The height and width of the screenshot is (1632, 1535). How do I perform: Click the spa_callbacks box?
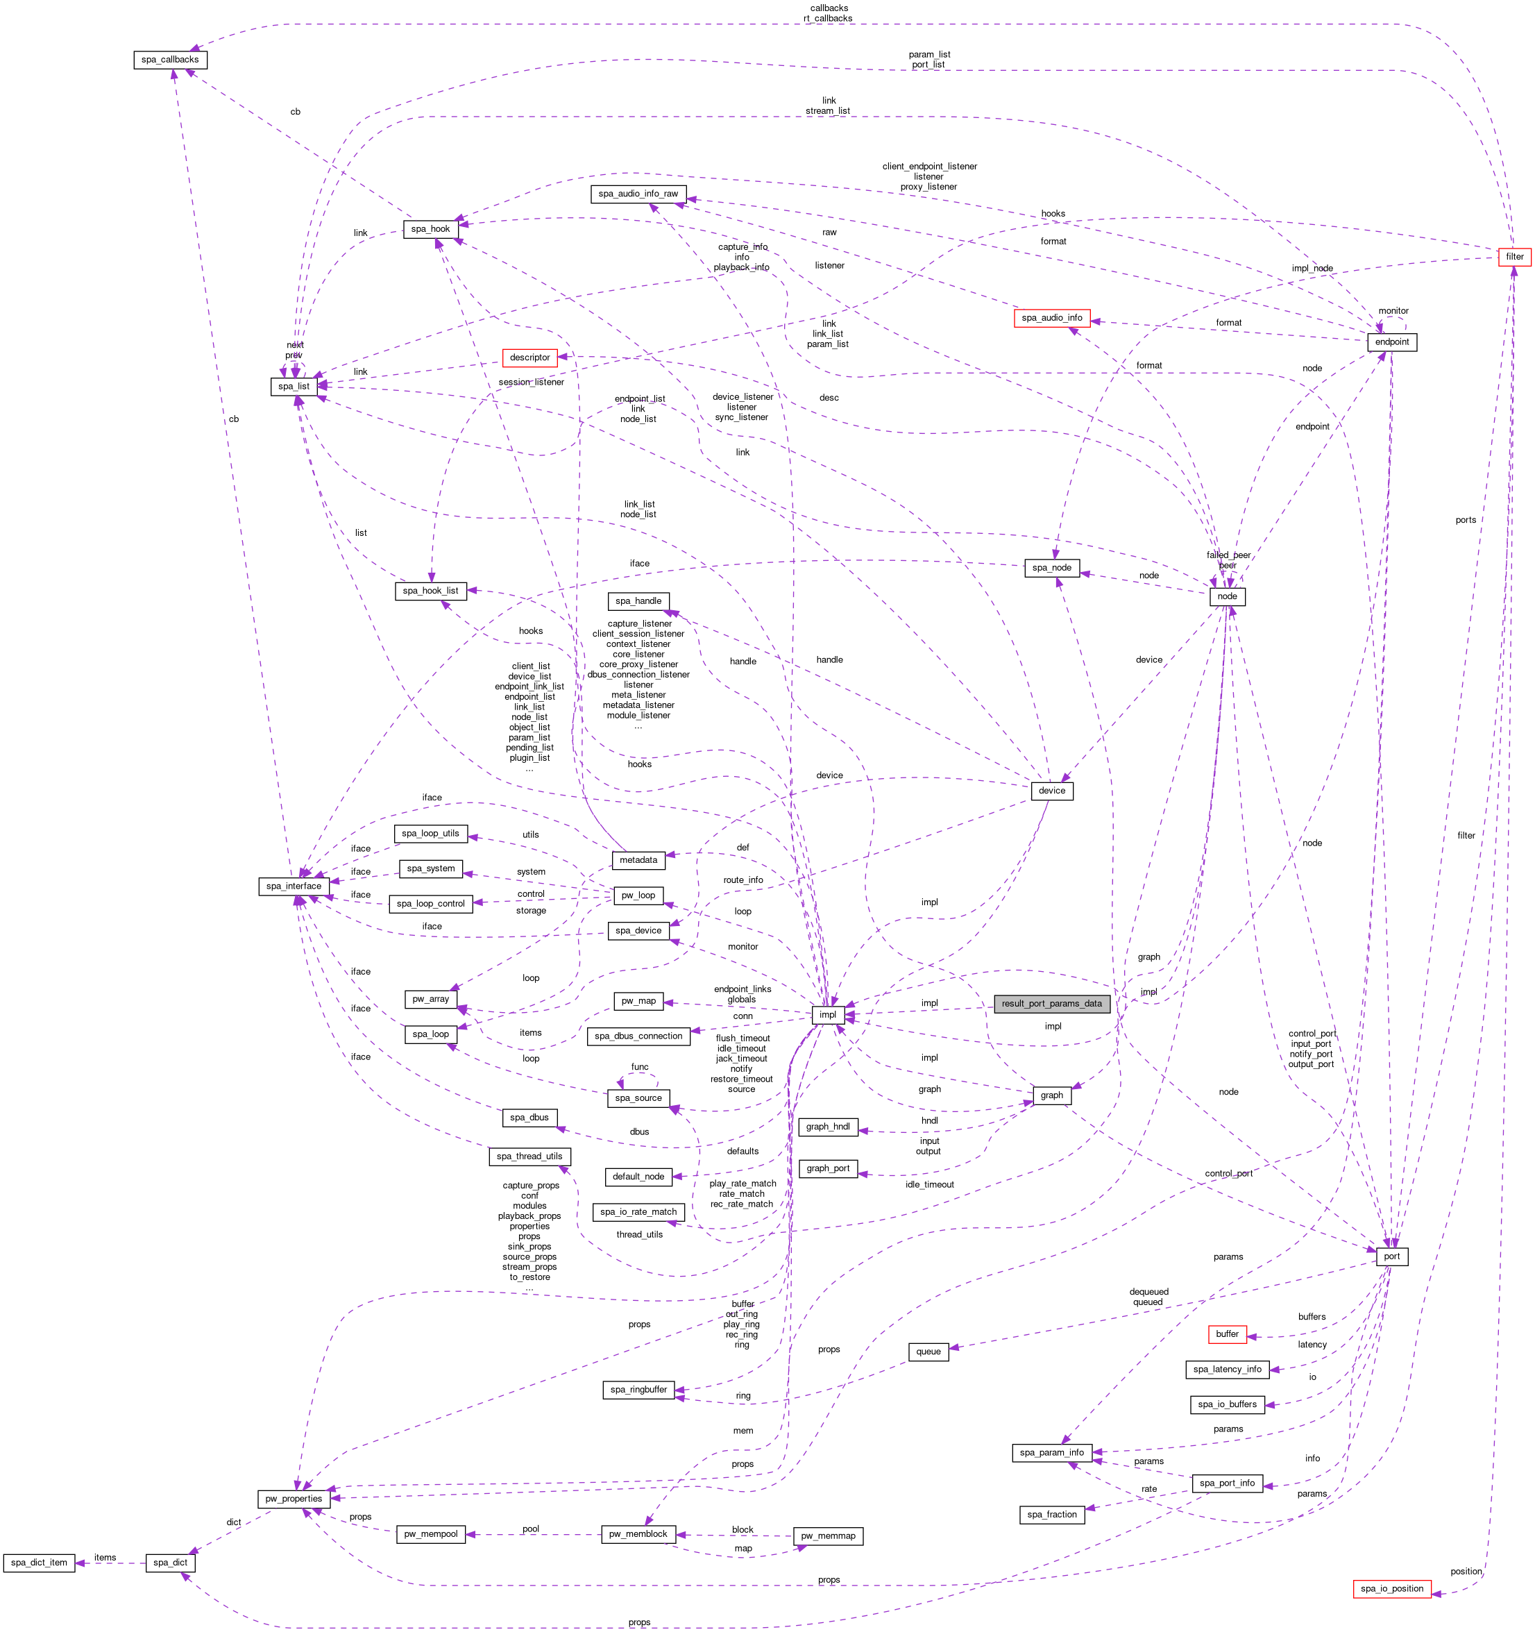pyautogui.click(x=170, y=60)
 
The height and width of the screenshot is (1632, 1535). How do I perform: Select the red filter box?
pyautogui.click(x=1513, y=257)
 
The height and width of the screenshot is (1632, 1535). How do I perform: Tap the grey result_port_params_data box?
pyautogui.click(x=1051, y=1003)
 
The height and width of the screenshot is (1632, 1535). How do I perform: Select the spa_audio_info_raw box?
pyautogui.click(x=638, y=194)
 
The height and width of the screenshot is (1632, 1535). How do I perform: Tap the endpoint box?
pyautogui.click(x=1391, y=342)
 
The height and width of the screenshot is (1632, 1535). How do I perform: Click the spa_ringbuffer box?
pyautogui.click(x=638, y=1389)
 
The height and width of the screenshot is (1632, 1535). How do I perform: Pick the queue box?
pyautogui.click(x=928, y=1352)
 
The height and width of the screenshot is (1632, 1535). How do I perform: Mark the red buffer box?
pyautogui.click(x=1226, y=1334)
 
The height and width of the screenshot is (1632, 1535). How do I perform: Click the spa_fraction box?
pyautogui.click(x=1051, y=1515)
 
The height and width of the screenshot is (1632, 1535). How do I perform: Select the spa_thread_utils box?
pyautogui.click(x=529, y=1156)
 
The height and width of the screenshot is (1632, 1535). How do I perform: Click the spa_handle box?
pyautogui.click(x=638, y=601)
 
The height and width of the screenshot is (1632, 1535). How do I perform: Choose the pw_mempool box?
pyautogui.click(x=430, y=1533)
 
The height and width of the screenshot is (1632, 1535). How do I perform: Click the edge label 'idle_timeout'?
pyautogui.click(x=929, y=1184)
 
